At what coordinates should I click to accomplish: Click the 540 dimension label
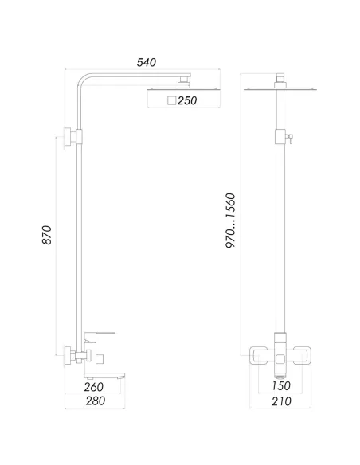[146, 62]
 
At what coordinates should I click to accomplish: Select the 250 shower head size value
[187, 101]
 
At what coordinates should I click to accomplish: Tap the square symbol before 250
[171, 101]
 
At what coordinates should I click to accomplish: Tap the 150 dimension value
[280, 387]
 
